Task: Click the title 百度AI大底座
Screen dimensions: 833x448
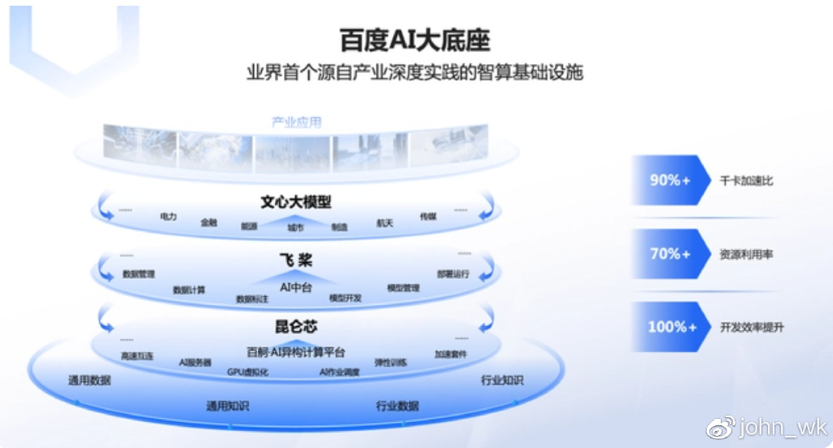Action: tap(415, 40)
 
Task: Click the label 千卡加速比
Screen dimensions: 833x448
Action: tap(746, 181)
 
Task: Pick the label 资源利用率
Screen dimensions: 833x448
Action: tap(746, 254)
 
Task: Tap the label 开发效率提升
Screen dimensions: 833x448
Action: tap(752, 328)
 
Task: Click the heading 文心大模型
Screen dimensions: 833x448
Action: tap(296, 202)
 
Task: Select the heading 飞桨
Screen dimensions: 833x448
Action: tap(295, 260)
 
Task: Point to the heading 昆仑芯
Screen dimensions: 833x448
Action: tap(295, 328)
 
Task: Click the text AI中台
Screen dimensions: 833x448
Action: tap(296, 286)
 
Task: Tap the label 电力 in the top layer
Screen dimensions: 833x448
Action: tap(168, 217)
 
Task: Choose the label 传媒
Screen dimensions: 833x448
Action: tap(428, 216)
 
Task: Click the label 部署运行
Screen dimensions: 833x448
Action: tap(452, 274)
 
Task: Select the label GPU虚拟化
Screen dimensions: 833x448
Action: tap(247, 372)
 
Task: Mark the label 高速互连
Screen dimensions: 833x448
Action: tap(137, 355)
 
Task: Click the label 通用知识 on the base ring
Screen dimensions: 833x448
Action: tap(227, 405)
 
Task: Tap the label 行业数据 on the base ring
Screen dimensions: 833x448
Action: tap(397, 405)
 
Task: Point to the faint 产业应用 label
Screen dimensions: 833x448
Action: tap(296, 122)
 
